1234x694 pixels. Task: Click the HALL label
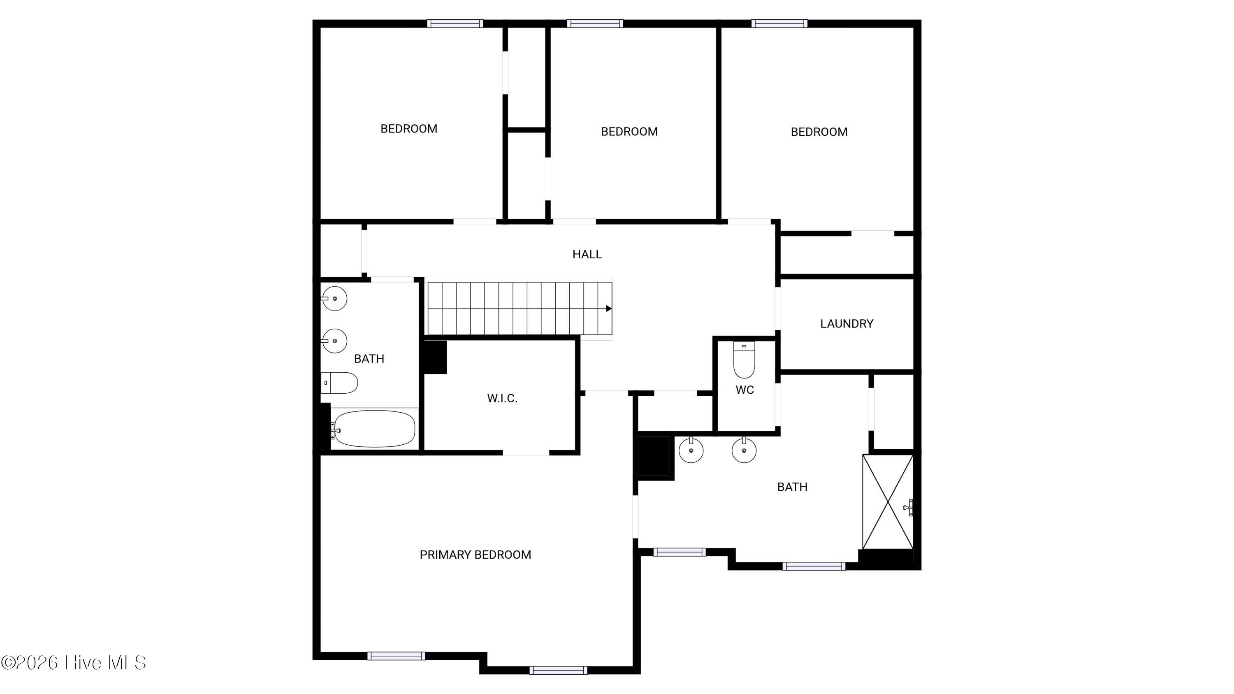[587, 254]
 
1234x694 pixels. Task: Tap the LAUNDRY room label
[847, 324]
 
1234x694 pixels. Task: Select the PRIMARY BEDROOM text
[475, 555]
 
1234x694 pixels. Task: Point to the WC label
[745, 390]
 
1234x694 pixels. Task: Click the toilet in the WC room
[744, 359]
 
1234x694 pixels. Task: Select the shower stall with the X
[888, 501]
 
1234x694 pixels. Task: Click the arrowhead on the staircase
[609, 309]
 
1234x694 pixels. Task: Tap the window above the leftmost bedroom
[455, 23]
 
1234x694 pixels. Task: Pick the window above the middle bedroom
[595, 23]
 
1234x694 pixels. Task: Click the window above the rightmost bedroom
[779, 23]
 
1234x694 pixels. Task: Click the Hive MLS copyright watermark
[74, 663]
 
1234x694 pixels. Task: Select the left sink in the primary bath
[691, 450]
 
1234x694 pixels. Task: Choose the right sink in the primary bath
[744, 450]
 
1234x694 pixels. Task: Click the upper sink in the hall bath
[334, 298]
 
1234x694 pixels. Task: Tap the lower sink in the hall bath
[334, 341]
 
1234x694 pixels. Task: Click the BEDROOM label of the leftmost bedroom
[408, 129]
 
